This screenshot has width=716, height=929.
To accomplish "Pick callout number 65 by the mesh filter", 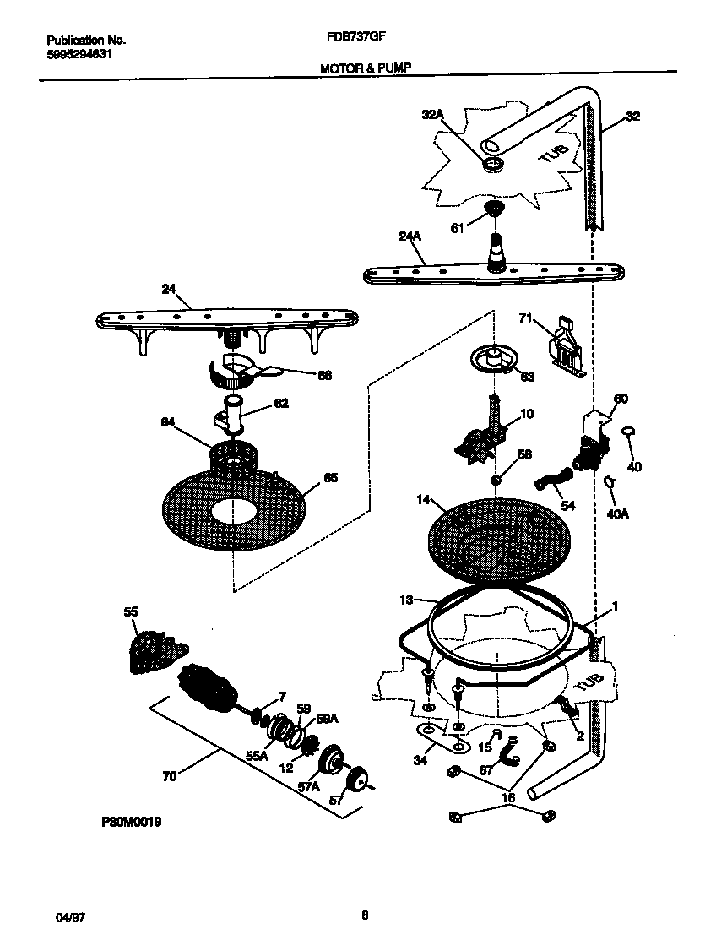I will pos(330,477).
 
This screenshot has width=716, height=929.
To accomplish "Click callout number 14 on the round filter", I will pos(424,501).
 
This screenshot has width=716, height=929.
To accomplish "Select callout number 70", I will pos(169,776).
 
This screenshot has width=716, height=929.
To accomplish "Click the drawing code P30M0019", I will pos(133,819).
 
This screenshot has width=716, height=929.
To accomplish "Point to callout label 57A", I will pos(310,786).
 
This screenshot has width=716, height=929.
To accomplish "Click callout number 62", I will pos(281,403).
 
